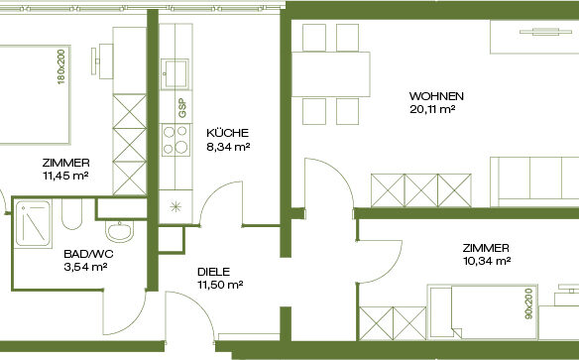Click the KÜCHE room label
[x=227, y=133]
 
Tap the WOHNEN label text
[x=436, y=96]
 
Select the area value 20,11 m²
[x=432, y=110]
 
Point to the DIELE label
[x=213, y=272]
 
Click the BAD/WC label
[x=88, y=254]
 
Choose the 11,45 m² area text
[x=65, y=176]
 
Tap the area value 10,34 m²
[x=487, y=261]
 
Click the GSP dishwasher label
[x=182, y=108]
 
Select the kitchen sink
[x=175, y=73]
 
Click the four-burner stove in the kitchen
[x=175, y=140]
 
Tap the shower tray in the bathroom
[x=33, y=223]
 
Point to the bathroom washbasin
[x=119, y=231]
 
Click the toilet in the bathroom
[x=71, y=214]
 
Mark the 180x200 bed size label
[x=61, y=66]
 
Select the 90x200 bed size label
[x=529, y=303]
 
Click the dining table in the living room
[x=331, y=74]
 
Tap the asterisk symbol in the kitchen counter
[x=175, y=206]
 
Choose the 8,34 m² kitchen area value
[x=228, y=147]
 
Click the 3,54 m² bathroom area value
[x=85, y=267]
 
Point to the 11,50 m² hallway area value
[x=220, y=285]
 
